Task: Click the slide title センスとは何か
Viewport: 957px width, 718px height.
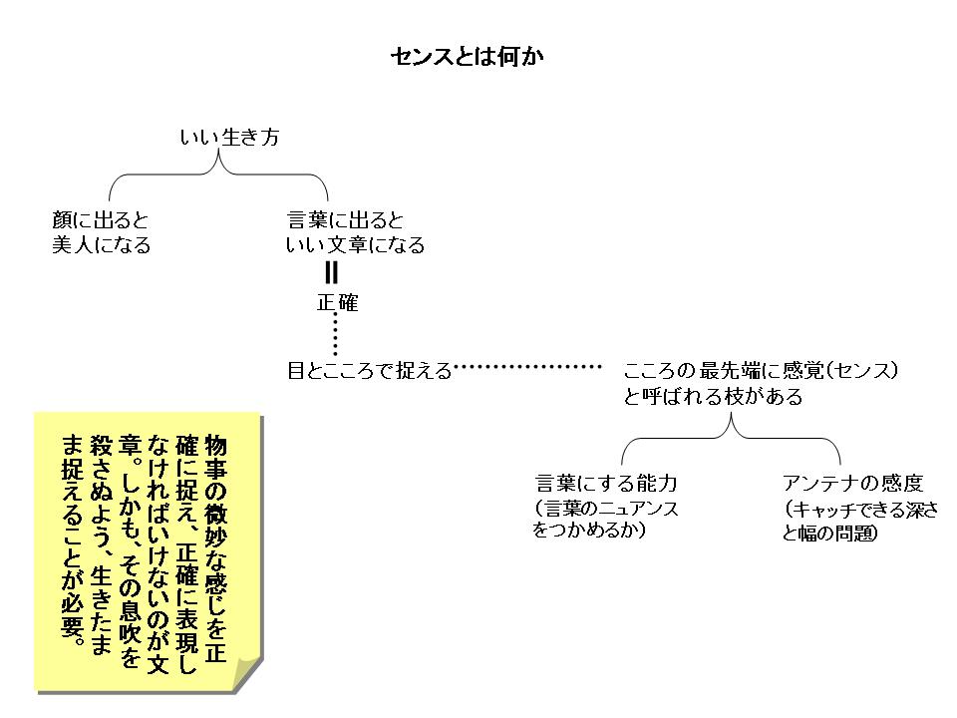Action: click(x=467, y=57)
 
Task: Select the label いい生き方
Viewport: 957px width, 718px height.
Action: click(x=229, y=139)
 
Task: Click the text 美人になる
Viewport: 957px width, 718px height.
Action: click(x=101, y=245)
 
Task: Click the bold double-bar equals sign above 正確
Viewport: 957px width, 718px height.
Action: click(x=332, y=273)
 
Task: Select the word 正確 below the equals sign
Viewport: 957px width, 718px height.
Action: click(x=337, y=304)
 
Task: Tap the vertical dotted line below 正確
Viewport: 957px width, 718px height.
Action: click(x=336, y=336)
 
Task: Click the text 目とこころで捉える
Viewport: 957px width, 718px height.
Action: click(x=369, y=372)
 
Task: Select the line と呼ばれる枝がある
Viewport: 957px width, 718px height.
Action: click(x=713, y=397)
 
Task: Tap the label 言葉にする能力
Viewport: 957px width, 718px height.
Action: click(x=606, y=484)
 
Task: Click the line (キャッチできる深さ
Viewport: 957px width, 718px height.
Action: click(x=860, y=509)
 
